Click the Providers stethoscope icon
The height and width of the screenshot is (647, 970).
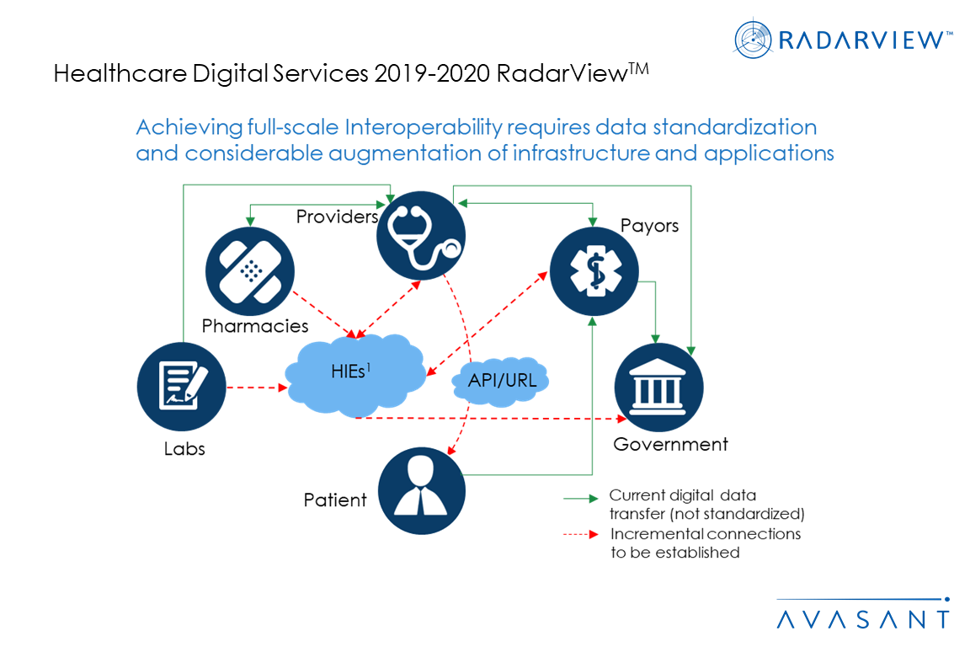(x=421, y=235)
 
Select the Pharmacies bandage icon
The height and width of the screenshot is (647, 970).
(x=250, y=271)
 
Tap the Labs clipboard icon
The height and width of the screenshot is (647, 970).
(x=181, y=387)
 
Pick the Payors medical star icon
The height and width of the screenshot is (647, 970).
(x=594, y=271)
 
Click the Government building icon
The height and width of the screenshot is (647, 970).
(x=658, y=387)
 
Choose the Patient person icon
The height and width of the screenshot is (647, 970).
(x=421, y=490)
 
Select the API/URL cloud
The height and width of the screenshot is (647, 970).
(x=501, y=381)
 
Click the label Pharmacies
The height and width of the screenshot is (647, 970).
(x=255, y=326)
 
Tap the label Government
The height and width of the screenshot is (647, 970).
(x=670, y=444)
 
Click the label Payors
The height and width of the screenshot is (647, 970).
(x=649, y=226)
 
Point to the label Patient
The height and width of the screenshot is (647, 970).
(x=334, y=500)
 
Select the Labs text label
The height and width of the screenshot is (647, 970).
(x=184, y=448)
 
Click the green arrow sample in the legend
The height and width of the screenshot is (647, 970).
(x=581, y=498)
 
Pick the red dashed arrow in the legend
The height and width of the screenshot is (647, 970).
(x=581, y=534)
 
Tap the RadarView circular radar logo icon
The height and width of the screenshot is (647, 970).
(x=753, y=39)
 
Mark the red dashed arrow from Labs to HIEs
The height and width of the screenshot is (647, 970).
(x=257, y=388)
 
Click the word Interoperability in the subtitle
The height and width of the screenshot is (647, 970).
(x=424, y=127)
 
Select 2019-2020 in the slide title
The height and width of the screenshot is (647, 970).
(x=432, y=73)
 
